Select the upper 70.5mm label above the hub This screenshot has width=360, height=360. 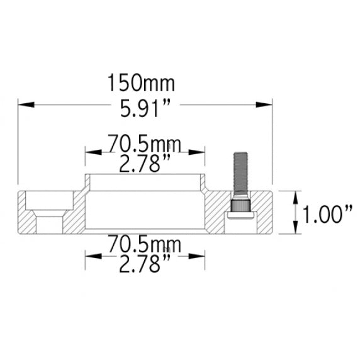(x=145, y=144)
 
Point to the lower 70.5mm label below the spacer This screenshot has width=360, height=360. (x=145, y=244)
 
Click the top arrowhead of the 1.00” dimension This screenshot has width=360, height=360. (x=296, y=196)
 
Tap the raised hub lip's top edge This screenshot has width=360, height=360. (x=145, y=175)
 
